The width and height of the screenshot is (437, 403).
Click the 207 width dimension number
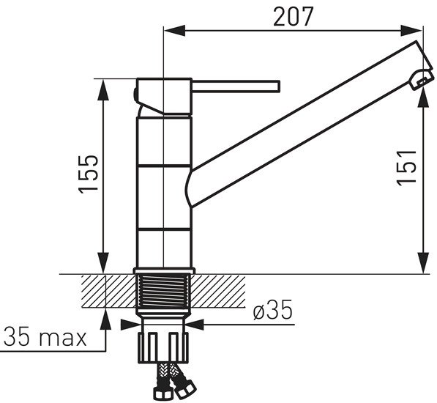(294, 16)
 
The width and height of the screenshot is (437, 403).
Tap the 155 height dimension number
(89, 174)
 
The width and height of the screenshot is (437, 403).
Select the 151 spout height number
(406, 168)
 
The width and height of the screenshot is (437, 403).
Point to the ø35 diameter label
(273, 309)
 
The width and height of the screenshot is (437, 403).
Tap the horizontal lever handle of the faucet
(236, 86)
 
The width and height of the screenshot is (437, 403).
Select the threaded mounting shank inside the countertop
(163, 292)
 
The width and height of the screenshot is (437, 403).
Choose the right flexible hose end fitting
(185, 388)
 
